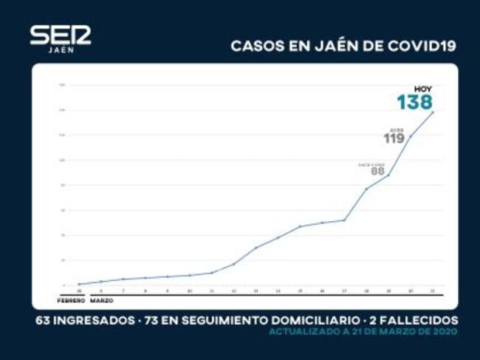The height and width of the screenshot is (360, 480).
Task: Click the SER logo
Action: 60,35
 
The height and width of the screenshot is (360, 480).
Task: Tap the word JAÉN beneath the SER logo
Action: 60,50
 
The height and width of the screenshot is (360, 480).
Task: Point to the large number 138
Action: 414,102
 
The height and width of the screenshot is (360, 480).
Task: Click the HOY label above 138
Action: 423,89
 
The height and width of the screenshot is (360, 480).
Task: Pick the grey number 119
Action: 394,138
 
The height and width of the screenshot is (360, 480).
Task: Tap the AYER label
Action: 397,129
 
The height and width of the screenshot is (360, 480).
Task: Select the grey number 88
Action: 377,171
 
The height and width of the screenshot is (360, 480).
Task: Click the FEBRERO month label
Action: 71,301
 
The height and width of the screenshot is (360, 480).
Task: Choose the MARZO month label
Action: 102,301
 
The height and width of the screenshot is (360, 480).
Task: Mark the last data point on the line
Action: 433,112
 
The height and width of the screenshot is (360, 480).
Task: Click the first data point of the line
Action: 79,284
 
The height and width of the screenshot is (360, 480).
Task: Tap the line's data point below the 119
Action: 411,136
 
